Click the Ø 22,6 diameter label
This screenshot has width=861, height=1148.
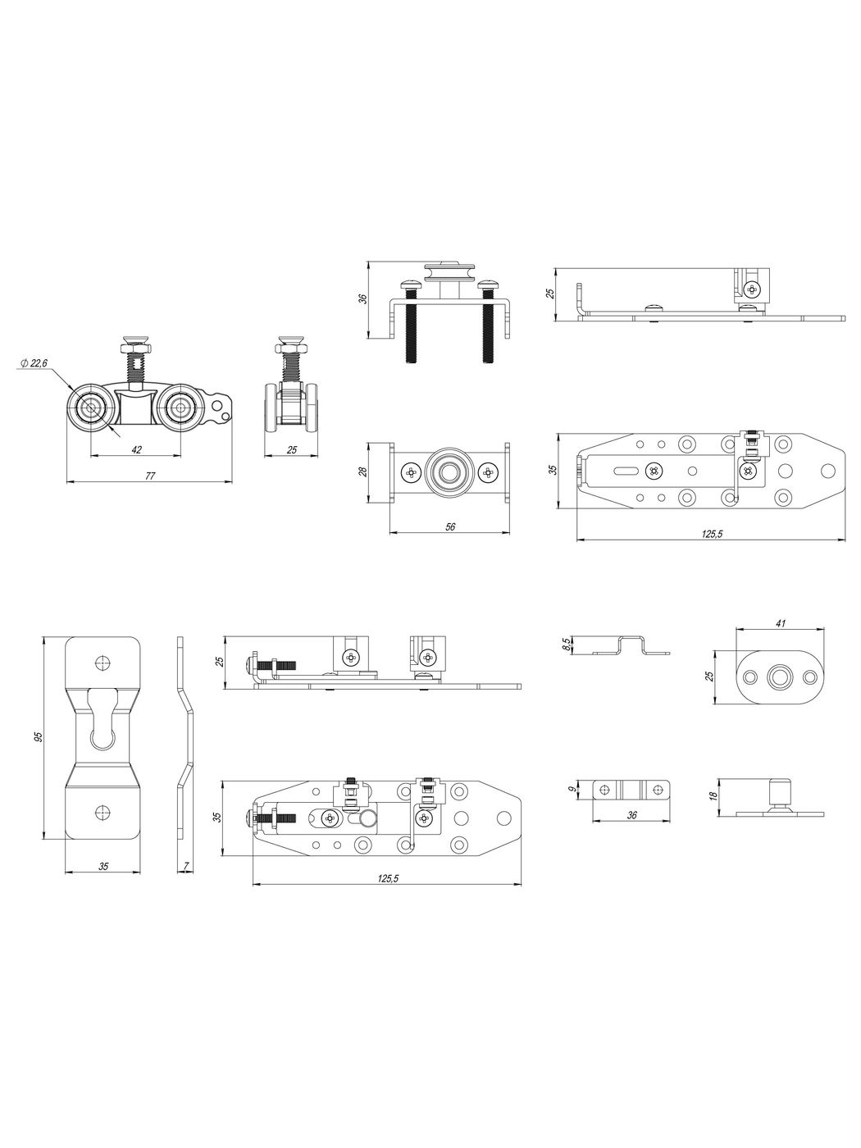[x=34, y=363]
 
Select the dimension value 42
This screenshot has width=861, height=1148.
[x=136, y=450]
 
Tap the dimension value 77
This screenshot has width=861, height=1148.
[x=150, y=476]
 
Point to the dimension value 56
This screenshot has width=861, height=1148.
[x=450, y=526]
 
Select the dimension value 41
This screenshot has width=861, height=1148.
[x=781, y=623]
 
